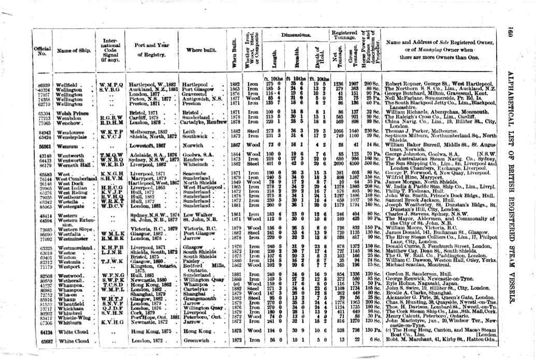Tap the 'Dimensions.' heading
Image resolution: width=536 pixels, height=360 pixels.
coord(295,35)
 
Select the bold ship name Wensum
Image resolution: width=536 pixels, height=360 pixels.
coord(68,147)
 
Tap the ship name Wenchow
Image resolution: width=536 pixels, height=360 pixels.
coord(69,123)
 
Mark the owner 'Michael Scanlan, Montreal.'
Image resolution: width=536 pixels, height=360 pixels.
coord(421,265)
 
